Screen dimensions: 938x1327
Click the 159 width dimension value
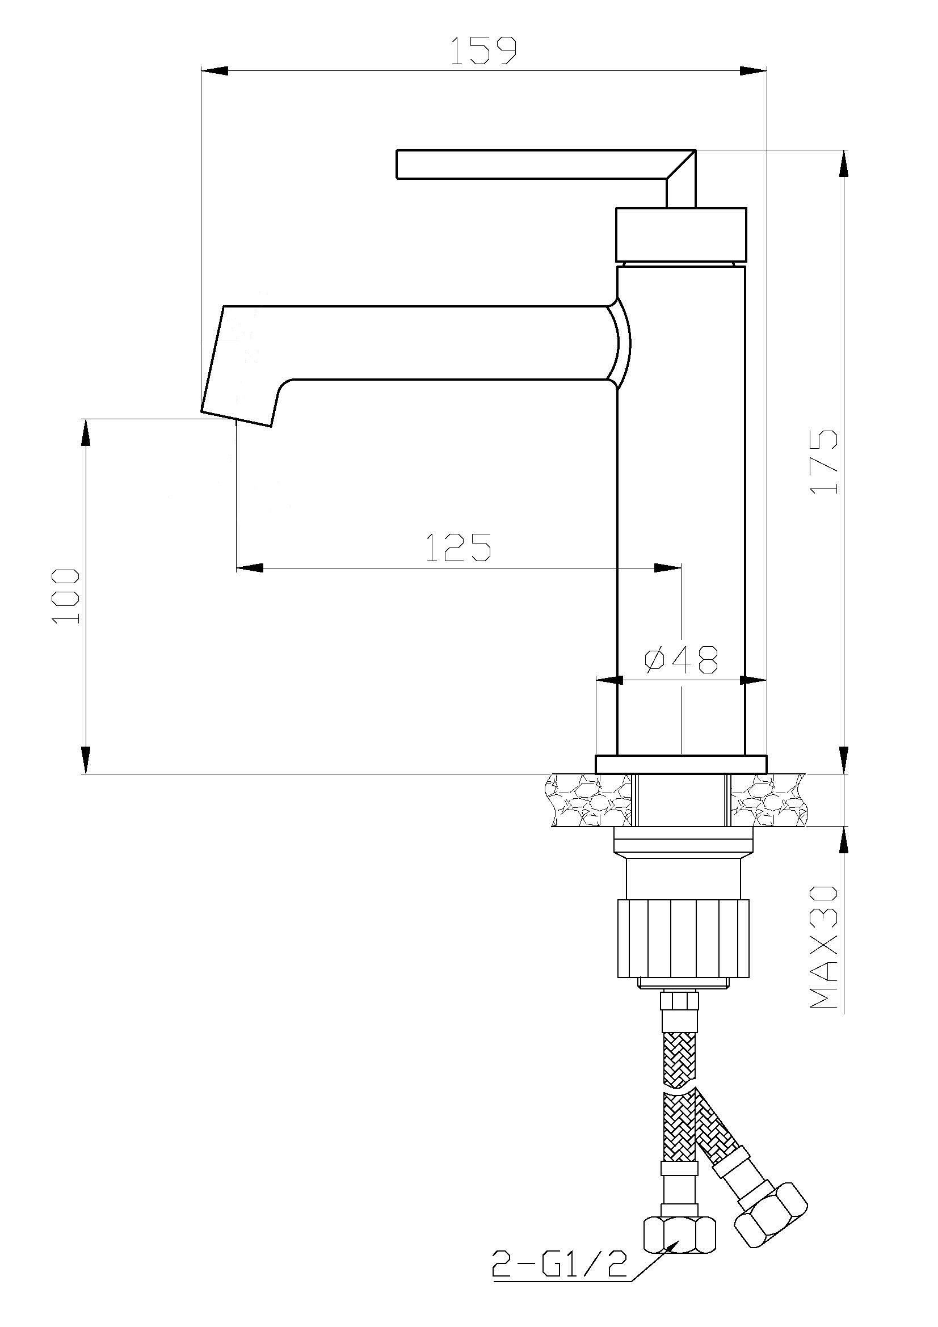[482, 51]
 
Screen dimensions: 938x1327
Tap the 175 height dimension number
[823, 461]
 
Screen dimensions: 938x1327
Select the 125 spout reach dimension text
[459, 547]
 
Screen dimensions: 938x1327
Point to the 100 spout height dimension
[66, 596]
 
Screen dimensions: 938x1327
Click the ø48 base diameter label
[682, 660]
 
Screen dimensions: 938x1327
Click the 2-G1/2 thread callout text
[559, 1281]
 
